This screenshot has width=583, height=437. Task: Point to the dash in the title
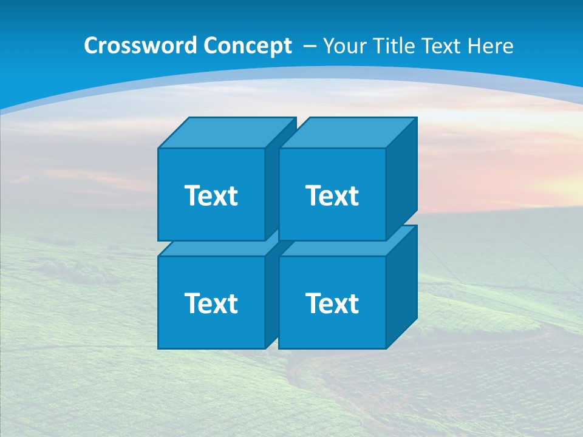[309, 46]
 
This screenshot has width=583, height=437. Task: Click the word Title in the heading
[394, 46]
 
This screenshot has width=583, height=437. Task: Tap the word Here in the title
[493, 46]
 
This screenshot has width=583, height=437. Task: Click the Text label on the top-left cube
[211, 195]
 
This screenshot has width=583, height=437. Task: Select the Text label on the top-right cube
[332, 195]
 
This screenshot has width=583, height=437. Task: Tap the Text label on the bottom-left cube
[211, 303]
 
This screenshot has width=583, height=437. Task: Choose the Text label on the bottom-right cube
[332, 303]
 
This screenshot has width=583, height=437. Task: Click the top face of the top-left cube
[227, 133]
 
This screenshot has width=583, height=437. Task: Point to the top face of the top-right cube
[348, 133]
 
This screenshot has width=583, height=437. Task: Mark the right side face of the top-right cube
[401, 179]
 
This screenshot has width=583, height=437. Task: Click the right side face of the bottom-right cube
[401, 287]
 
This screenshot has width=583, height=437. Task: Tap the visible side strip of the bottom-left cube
[271, 297]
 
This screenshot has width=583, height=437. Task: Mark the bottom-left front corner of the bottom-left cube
[159, 348]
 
